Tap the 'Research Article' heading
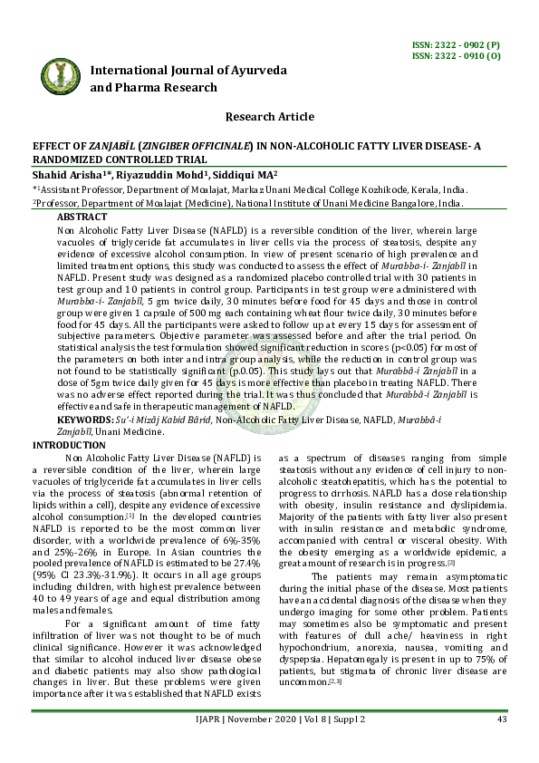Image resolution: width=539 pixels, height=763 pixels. pos(269,117)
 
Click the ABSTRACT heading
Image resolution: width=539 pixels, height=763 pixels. pos(82,217)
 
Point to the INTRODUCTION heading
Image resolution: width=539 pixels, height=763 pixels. pos(69,446)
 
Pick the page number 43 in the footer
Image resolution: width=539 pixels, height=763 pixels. pos(500,745)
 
